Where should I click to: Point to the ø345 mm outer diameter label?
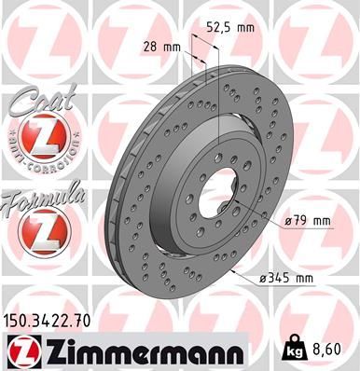[285, 278]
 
